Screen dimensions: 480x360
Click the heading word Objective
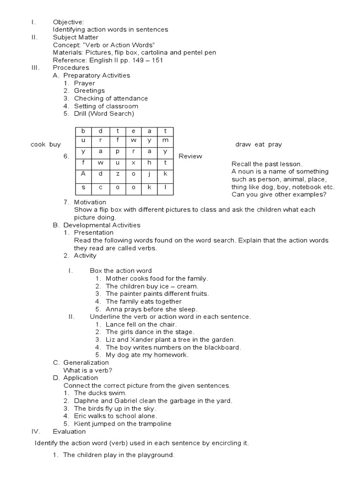tap(68, 22)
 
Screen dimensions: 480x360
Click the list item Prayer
tap(84, 83)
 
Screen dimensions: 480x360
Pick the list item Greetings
tap(89, 90)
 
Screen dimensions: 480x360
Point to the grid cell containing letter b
tap(83, 131)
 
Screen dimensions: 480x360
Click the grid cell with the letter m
tap(165, 140)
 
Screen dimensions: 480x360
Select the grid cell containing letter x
tap(134, 163)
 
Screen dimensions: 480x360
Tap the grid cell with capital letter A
tap(83, 173)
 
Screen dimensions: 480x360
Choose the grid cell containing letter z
tap(118, 173)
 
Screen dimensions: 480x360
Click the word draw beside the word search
tap(243, 144)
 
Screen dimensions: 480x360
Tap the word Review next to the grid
tap(190, 156)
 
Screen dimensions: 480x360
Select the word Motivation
tap(90, 202)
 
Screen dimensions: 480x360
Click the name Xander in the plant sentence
tap(137, 339)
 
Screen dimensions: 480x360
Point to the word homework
tap(172, 355)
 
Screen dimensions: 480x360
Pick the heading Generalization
tap(86, 362)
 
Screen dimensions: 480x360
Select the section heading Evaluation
tap(69, 431)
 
